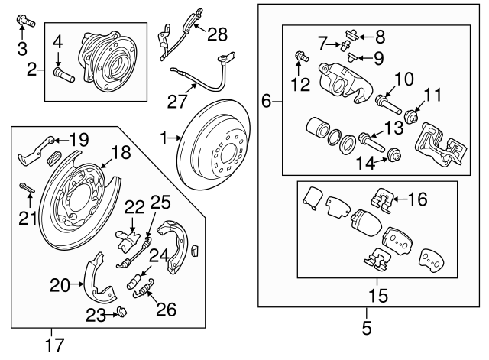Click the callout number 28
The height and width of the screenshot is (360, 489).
pos(218,33)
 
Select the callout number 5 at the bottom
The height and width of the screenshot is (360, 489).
pos(365,329)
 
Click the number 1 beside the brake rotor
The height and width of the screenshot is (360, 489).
pos(163,138)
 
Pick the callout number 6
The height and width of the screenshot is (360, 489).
pos(267,100)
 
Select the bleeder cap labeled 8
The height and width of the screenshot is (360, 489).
pos(352,32)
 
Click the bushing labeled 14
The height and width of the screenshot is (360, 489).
pos(393,153)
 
